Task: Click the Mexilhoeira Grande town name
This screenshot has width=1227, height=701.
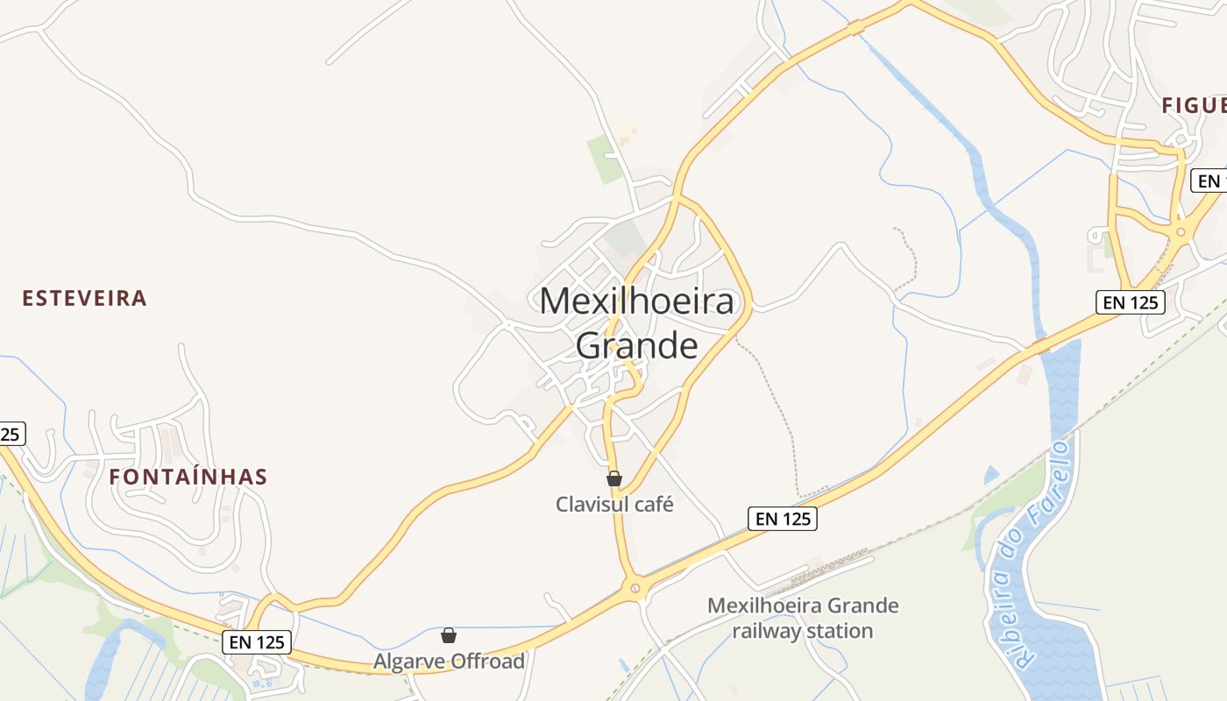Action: (636, 322)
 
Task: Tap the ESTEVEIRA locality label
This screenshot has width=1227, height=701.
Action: (84, 298)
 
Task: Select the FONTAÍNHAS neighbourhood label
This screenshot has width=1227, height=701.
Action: (188, 477)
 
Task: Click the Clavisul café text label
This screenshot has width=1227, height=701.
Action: (614, 505)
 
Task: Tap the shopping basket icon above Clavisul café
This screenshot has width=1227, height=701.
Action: (614, 478)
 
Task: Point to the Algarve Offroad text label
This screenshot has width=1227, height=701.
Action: (449, 661)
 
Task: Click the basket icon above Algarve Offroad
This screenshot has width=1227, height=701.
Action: (449, 635)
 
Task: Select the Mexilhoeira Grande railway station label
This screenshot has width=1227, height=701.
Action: (803, 618)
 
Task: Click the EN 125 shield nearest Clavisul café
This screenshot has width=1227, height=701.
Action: (784, 519)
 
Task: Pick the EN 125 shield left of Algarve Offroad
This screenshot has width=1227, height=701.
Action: (256, 642)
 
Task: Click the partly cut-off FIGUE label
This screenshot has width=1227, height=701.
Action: (1194, 105)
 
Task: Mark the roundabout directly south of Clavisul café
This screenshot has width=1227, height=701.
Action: (637, 588)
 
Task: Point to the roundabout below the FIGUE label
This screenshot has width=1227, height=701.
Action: (1181, 233)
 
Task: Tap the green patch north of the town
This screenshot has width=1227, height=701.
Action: (605, 159)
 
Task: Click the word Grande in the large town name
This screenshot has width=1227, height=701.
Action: (636, 345)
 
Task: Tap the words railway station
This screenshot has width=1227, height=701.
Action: (803, 631)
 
